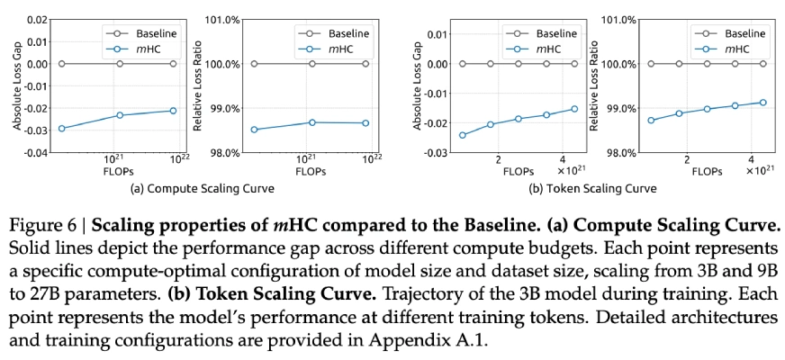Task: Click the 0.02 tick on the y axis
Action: click(36, 19)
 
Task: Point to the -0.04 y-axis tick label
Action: click(34, 152)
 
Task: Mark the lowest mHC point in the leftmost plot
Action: click(62, 129)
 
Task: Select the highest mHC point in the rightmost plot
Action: click(763, 102)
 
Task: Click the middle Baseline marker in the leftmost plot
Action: click(120, 64)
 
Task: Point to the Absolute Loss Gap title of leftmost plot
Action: click(16, 85)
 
